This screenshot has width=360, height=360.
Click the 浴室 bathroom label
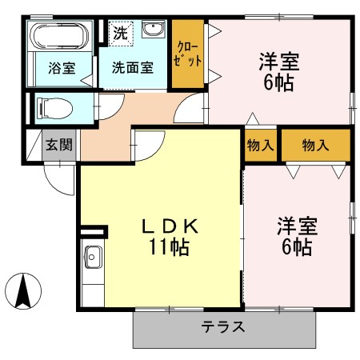pyautogui.click(x=62, y=68)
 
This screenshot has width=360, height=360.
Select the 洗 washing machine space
pyautogui.click(x=119, y=34)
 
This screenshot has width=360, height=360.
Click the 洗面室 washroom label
pyautogui.click(x=132, y=68)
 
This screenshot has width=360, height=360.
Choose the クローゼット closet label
pyautogui.click(x=189, y=54)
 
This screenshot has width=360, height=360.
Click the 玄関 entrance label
pyautogui.click(x=58, y=145)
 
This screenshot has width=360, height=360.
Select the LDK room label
pyautogui.click(x=169, y=226)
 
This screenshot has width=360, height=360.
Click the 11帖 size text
pyautogui.click(x=169, y=247)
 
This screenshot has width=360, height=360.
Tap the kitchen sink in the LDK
pyautogui.click(x=92, y=258)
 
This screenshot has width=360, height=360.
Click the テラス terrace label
pyautogui.click(x=223, y=327)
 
